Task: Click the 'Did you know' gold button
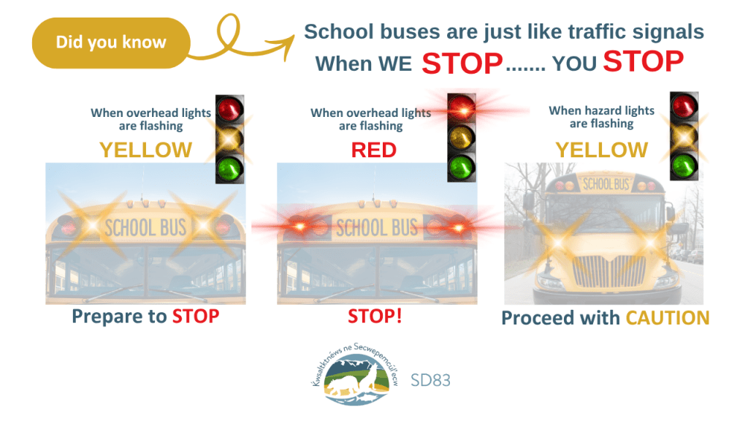click(x=111, y=43)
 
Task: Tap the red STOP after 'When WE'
click(x=462, y=63)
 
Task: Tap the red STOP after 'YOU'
click(x=644, y=61)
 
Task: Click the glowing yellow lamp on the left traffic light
click(x=230, y=139)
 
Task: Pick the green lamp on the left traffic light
click(x=230, y=169)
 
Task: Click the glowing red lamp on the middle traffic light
click(x=462, y=108)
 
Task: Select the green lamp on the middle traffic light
click(x=462, y=167)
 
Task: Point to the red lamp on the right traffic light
click(x=684, y=106)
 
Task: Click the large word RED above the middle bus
click(x=374, y=151)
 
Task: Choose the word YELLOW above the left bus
click(x=145, y=151)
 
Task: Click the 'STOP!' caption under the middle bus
click(x=375, y=316)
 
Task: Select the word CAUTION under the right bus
click(x=668, y=318)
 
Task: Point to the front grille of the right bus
click(x=608, y=271)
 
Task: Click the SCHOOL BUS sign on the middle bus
click(x=377, y=228)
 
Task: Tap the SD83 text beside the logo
click(x=430, y=380)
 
